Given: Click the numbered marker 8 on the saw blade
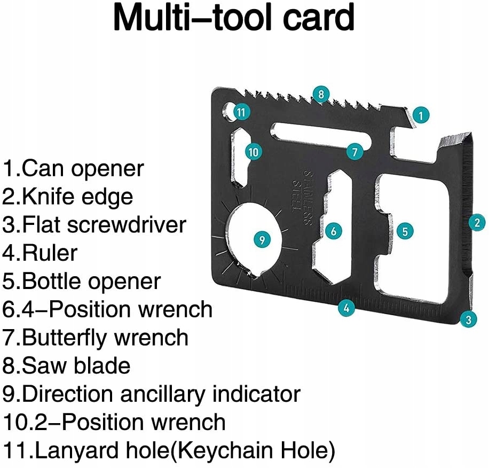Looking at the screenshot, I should tap(320, 95).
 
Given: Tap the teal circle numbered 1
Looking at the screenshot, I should tap(421, 114).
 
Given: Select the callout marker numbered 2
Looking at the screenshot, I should tap(477, 222).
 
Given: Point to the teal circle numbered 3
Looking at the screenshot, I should tap(468, 320).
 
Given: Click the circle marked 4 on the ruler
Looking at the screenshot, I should tap(346, 307).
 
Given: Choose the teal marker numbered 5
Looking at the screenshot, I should tap(405, 231).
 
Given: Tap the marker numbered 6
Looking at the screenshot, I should tap(334, 231).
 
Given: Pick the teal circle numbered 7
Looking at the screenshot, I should tap(354, 152).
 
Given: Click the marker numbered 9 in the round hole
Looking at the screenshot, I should tap(261, 239).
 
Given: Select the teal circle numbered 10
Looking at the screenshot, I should tap(254, 152).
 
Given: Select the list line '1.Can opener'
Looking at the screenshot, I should tap(74, 169).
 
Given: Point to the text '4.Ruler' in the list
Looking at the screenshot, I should tap(41, 253).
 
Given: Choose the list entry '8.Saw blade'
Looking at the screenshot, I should tap(67, 366).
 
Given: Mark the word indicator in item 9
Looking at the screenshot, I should tap(256, 394).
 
